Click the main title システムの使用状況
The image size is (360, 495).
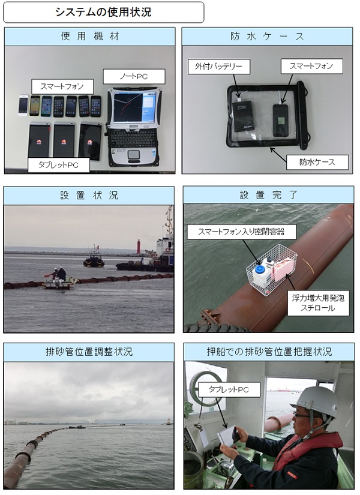pos(103,12)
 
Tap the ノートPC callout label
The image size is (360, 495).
pos(134,76)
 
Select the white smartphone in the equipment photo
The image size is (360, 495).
pos(23,105)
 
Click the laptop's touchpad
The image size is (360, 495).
pos(134,155)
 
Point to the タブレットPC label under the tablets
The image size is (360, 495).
pos(59,165)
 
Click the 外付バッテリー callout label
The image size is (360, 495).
pos(219,67)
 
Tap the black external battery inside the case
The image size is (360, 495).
pos(242,116)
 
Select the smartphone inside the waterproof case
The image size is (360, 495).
pos(280,120)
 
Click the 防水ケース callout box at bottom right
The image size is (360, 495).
pos(317,162)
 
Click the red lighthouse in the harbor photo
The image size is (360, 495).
pos(139,246)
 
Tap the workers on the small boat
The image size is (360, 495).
pos(58,274)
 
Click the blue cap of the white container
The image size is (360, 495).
pos(260,269)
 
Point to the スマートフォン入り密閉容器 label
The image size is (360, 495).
pos(242,232)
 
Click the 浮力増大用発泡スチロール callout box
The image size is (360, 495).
pos(319,303)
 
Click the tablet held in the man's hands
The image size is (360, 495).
pos(229,436)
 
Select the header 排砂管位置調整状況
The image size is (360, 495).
pos(89,352)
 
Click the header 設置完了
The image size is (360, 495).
pos(268,195)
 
